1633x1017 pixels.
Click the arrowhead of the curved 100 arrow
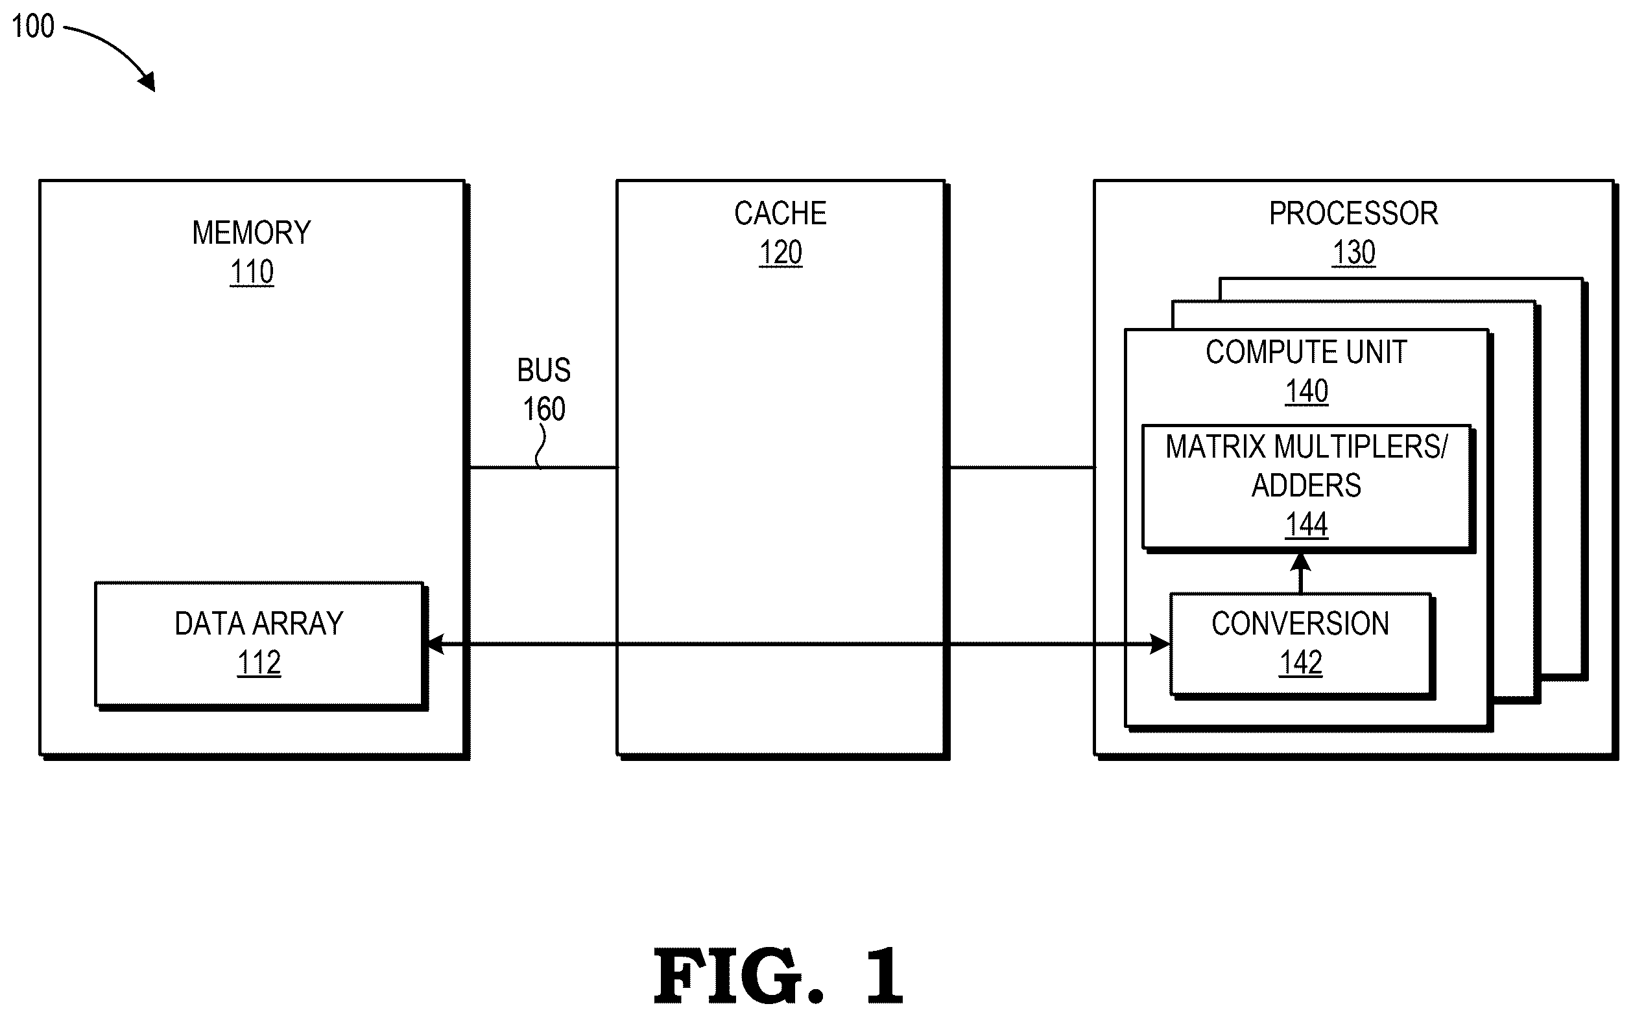tap(148, 82)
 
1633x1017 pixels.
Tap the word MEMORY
tap(252, 233)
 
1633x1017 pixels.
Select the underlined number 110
tap(252, 272)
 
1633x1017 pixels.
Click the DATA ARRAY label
tap(259, 624)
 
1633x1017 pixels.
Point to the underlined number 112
tap(259, 662)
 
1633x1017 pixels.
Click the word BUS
tap(543, 370)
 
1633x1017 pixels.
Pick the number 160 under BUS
tap(543, 409)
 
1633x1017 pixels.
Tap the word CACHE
tap(780, 213)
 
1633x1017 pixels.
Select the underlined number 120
tap(780, 253)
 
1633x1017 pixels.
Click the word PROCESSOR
tap(1353, 213)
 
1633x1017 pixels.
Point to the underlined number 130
tap(1353, 253)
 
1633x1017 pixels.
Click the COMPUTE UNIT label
tap(1306, 352)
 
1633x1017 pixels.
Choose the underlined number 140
tap(1307, 392)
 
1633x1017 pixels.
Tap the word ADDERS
tap(1306, 485)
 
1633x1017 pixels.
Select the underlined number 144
tap(1307, 524)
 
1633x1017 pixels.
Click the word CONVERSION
tap(1300, 624)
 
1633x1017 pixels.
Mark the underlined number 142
tap(1300, 662)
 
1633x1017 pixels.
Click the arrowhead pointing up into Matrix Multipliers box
tap(1300, 563)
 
